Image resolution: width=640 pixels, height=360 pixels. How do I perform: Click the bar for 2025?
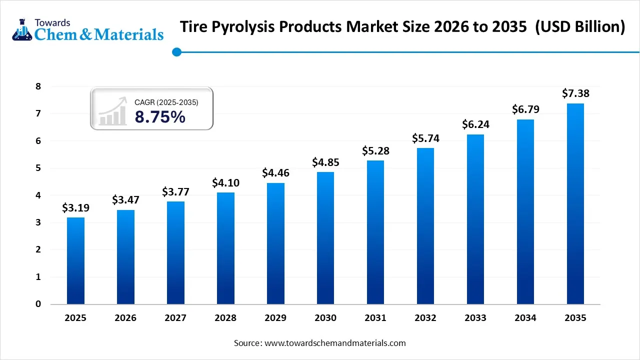75,260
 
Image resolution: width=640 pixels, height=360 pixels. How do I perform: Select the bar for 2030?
325,238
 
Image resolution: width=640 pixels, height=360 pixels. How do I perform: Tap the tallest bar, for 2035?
575,203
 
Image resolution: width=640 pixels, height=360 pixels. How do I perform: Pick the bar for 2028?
225,248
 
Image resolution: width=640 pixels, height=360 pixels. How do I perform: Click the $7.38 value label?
575,93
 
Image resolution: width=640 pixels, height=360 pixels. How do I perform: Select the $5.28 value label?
375,150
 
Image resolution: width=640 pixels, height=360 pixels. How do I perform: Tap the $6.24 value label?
475,124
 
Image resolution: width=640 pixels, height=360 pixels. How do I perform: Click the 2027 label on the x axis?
175,318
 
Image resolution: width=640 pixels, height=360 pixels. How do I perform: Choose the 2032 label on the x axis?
425,318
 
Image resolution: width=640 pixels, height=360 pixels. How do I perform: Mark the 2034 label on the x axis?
525,318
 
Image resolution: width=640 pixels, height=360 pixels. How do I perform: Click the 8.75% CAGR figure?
160,117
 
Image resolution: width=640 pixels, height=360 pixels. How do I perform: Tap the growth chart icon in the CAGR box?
112,112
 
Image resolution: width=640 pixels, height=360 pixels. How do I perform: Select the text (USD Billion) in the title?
580,27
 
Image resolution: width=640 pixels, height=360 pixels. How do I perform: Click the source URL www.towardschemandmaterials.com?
334,343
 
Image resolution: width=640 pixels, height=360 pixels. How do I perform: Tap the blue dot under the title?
176,52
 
